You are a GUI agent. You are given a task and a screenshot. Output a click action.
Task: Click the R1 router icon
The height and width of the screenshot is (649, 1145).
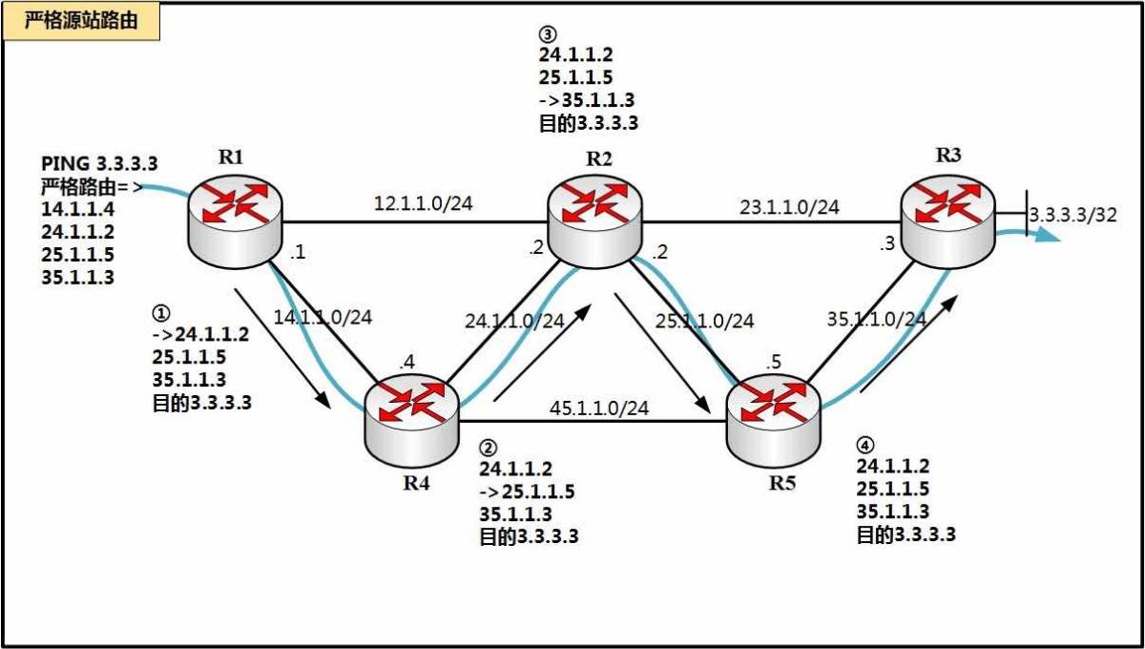[235, 221]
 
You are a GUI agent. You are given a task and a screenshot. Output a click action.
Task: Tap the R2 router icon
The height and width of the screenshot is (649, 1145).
[594, 221]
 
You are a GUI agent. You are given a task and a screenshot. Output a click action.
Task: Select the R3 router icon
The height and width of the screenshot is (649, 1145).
[947, 221]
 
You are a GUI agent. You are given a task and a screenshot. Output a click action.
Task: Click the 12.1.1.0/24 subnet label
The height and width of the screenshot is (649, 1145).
[424, 203]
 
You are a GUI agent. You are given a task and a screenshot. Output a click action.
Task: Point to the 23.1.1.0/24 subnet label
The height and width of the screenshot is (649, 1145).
[789, 206]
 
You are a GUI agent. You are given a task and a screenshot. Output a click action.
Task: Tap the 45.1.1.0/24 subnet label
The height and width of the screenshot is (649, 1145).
[599, 408]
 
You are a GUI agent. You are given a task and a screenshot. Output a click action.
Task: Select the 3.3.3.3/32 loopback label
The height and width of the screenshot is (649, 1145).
[1072, 215]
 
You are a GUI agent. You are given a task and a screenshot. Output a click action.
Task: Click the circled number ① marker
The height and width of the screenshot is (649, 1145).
[161, 312]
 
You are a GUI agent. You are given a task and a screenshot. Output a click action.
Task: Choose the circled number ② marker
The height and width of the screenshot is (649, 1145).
[488, 448]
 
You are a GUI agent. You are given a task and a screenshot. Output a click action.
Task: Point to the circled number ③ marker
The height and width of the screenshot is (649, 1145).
[548, 34]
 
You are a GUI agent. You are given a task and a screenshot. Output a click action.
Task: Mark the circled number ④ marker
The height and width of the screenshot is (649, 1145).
[864, 446]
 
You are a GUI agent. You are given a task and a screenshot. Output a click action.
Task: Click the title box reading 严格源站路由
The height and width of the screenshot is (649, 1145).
[81, 21]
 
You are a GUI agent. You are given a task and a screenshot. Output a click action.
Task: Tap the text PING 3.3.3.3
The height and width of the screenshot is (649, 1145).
[99, 163]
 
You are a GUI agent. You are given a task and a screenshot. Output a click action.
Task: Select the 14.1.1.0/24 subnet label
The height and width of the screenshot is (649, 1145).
[323, 317]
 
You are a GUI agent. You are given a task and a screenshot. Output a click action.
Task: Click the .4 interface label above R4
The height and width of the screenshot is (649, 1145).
[406, 362]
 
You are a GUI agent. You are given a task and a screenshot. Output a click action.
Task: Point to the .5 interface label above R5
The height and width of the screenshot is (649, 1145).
[774, 362]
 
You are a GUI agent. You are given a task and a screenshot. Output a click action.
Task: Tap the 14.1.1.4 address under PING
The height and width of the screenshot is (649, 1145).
[77, 209]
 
